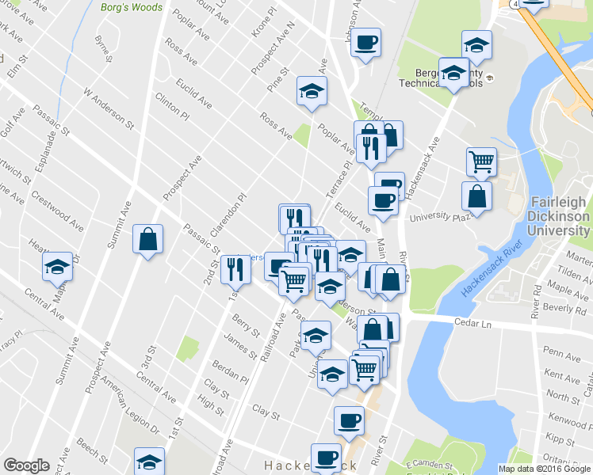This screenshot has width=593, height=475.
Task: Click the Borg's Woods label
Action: (132, 8)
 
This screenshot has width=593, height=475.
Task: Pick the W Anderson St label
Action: (109, 107)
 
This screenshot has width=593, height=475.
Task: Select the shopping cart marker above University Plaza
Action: (481, 162)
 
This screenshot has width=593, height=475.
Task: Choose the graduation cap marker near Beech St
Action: (148, 462)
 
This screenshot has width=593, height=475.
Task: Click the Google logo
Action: (26, 465)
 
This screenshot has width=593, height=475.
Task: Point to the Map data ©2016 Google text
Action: (544, 469)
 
